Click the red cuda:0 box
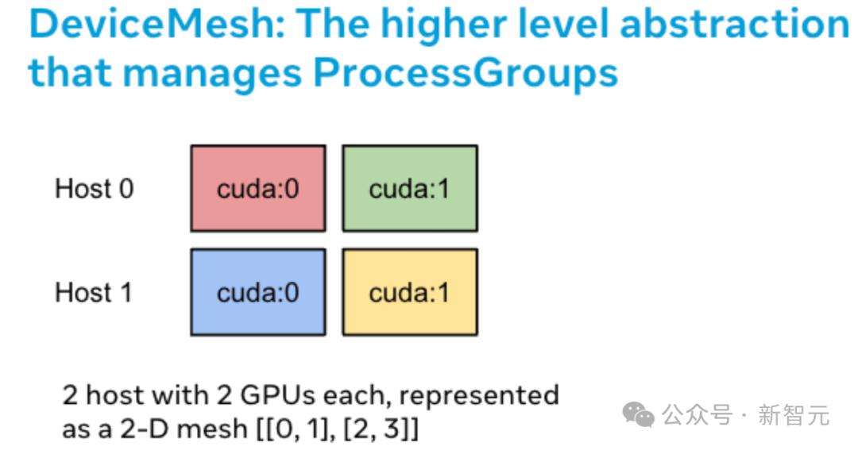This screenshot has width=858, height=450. [x=257, y=188]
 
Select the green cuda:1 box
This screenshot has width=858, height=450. [x=409, y=188]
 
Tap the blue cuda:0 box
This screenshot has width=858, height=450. [x=257, y=292]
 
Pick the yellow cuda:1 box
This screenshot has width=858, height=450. [x=409, y=292]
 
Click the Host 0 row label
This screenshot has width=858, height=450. [x=94, y=189]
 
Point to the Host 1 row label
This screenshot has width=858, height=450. [x=94, y=293]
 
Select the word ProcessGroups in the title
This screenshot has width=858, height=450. [x=466, y=73]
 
